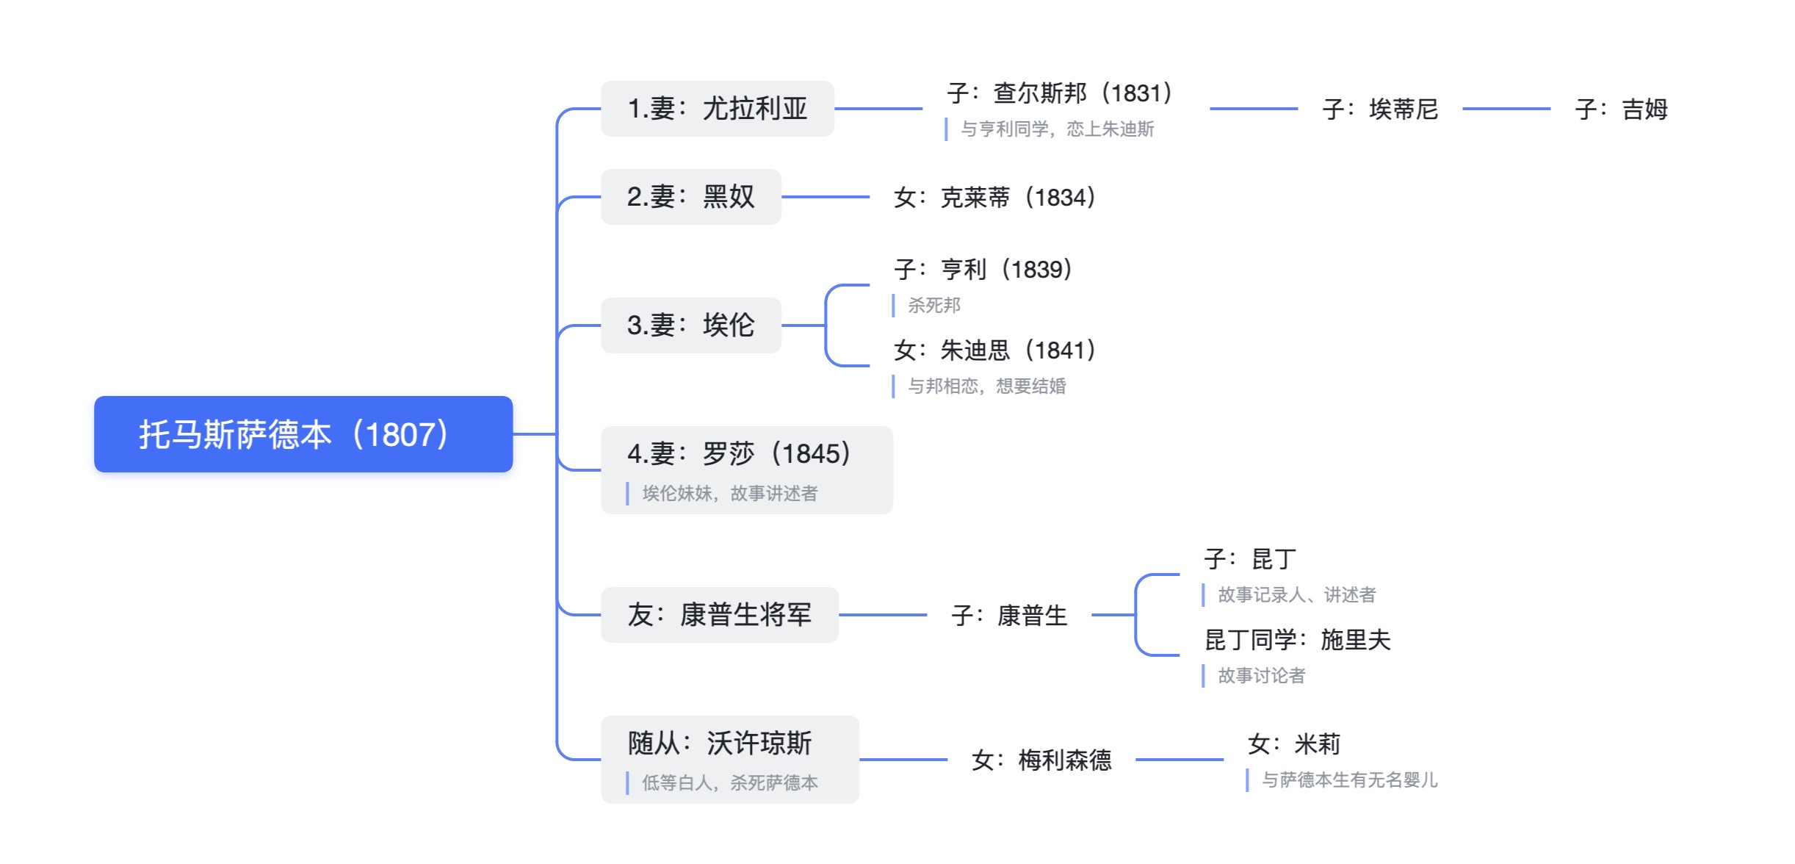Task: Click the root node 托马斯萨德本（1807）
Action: coord(303,434)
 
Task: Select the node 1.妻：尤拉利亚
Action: coord(717,109)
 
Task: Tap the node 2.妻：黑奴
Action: coord(690,197)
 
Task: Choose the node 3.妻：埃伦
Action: coord(690,325)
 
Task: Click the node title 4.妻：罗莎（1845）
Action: coord(739,454)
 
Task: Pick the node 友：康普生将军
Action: coord(719,615)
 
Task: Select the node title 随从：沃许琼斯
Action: coord(719,744)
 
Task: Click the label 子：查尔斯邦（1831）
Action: coord(1059,93)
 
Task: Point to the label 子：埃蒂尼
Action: coord(1380,109)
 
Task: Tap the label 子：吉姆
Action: coord(1621,109)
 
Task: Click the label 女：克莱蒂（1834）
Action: coord(994,198)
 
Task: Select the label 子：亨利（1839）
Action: coord(983,270)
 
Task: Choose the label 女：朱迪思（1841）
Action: coord(994,350)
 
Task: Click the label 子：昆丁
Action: coord(1250,559)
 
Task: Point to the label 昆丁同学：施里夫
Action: coord(1297,640)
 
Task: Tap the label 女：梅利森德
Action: coord(1041,760)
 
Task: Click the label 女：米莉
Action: coord(1293,744)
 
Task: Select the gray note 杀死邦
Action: coord(933,306)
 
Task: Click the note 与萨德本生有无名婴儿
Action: coord(1349,780)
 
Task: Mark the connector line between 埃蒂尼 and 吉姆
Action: coord(1506,109)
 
